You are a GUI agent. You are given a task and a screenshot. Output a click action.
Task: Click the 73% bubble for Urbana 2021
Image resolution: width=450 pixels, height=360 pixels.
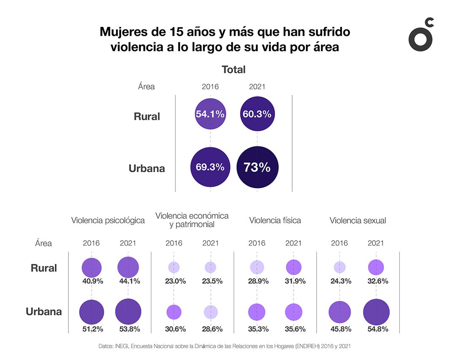(x=257, y=167)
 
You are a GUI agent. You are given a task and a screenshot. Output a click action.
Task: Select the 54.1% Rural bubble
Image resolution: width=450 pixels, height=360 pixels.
(x=210, y=114)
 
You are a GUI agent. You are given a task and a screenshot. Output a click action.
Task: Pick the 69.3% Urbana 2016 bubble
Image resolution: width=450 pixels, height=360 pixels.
(x=210, y=167)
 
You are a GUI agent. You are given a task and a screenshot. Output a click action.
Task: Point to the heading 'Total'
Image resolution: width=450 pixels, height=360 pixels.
(x=234, y=70)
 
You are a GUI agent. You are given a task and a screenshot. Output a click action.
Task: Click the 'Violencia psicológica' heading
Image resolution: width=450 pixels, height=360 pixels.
(x=108, y=220)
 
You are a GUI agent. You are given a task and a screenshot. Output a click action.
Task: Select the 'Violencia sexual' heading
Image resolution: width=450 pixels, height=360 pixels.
(x=358, y=220)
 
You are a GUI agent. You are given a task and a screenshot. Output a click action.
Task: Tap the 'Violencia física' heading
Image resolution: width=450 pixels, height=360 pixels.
(x=275, y=220)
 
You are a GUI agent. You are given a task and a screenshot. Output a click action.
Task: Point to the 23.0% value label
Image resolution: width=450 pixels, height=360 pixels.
(x=174, y=281)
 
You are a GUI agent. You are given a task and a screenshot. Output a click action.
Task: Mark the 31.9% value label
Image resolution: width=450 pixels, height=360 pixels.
(x=294, y=281)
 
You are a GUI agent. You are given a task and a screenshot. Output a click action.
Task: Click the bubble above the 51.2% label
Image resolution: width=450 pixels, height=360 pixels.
(x=92, y=312)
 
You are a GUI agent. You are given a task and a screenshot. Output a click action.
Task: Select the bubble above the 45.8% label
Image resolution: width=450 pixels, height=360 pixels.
(x=340, y=312)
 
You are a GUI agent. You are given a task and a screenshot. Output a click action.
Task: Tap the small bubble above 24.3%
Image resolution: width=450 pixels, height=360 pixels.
(x=340, y=267)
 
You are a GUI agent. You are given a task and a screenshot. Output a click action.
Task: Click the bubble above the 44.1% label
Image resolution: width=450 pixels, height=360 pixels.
(x=128, y=267)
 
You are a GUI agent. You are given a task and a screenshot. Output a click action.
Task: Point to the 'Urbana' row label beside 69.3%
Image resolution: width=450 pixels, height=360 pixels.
(x=147, y=168)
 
